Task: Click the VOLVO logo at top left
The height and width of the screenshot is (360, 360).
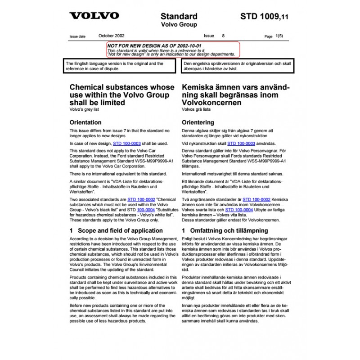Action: tap(94, 16)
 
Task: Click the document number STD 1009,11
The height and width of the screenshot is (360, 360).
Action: tap(265, 17)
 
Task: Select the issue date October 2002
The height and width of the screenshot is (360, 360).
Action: tap(112, 36)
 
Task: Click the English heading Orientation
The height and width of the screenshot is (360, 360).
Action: tap(85, 122)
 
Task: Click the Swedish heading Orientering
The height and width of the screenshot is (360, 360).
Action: tap(198, 122)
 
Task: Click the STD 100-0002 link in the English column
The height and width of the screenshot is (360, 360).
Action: tap(141, 199)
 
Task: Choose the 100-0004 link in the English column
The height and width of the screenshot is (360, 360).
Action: tap(146, 209)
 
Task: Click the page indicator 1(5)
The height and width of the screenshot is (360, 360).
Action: tap(279, 36)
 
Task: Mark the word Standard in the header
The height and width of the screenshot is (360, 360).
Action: tap(179, 17)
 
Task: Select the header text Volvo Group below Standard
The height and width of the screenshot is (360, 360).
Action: tap(179, 25)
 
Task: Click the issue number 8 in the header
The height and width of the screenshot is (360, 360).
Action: tap(224, 36)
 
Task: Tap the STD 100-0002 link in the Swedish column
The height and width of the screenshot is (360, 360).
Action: tap(256, 199)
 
